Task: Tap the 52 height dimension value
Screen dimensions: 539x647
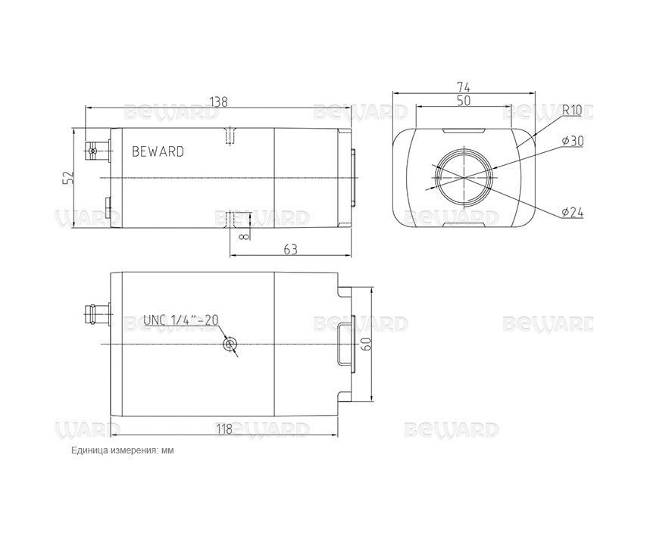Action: click(68, 177)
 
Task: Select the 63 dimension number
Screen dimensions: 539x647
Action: click(289, 248)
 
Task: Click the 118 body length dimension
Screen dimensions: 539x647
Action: click(224, 429)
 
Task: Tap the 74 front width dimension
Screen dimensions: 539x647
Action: click(464, 87)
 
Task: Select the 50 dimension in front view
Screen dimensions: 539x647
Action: click(464, 101)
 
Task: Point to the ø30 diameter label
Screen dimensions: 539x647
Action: click(573, 141)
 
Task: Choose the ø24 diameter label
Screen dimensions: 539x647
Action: click(573, 213)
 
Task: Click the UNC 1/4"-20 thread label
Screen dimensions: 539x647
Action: click(180, 320)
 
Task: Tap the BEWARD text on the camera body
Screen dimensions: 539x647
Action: click(158, 151)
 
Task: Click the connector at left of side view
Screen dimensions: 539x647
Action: click(97, 151)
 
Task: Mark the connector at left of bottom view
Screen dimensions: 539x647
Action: click(97, 310)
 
